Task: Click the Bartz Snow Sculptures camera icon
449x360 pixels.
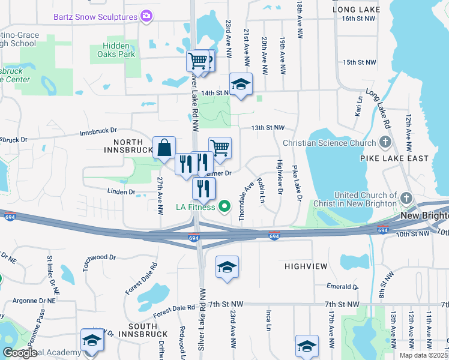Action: coord(146,16)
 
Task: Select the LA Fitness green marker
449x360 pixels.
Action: coord(225,207)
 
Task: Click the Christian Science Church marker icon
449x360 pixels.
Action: coord(385,143)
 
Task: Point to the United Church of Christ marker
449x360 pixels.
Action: coord(406,199)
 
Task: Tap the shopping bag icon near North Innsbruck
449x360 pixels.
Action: coord(164,148)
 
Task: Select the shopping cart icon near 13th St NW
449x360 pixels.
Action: coord(220,148)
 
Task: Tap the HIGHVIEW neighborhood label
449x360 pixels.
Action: coord(306,265)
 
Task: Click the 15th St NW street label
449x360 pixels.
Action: coord(359,62)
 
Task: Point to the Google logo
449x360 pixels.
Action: coord(20,353)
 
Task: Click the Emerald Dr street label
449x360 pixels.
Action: coord(343,286)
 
